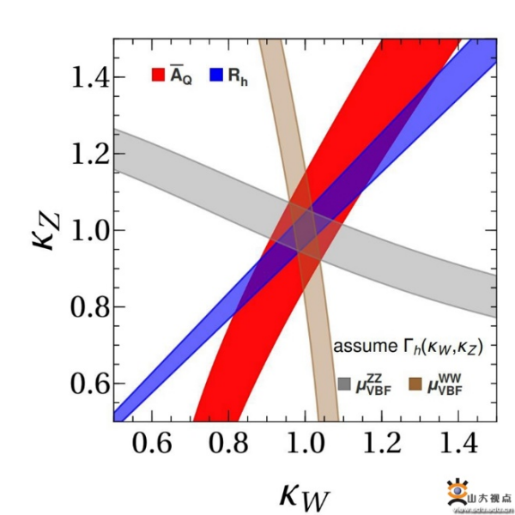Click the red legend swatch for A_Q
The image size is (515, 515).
[158, 75]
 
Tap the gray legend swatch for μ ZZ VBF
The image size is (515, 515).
[345, 384]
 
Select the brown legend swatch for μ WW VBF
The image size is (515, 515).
[419, 384]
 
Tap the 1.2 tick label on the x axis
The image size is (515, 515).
[380, 446]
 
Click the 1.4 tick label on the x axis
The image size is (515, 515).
[456, 446]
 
